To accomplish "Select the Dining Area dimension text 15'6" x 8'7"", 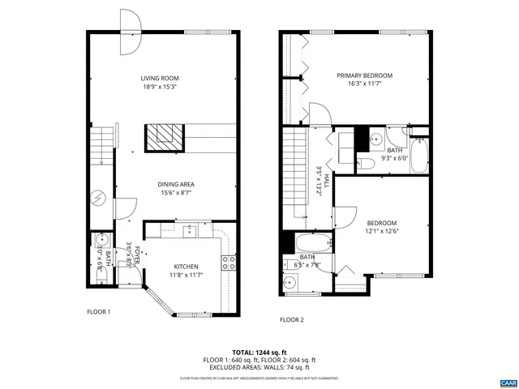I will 176,193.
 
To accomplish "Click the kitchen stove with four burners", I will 229,262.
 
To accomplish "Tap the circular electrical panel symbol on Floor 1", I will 98,197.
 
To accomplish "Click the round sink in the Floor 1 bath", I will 101,241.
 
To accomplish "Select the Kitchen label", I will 186,267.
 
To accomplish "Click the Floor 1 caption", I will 99,311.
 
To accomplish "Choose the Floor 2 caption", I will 291,319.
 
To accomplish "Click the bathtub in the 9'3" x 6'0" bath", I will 419,156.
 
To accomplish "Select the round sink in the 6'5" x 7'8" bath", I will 290,283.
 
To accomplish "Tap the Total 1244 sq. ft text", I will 259,353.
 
